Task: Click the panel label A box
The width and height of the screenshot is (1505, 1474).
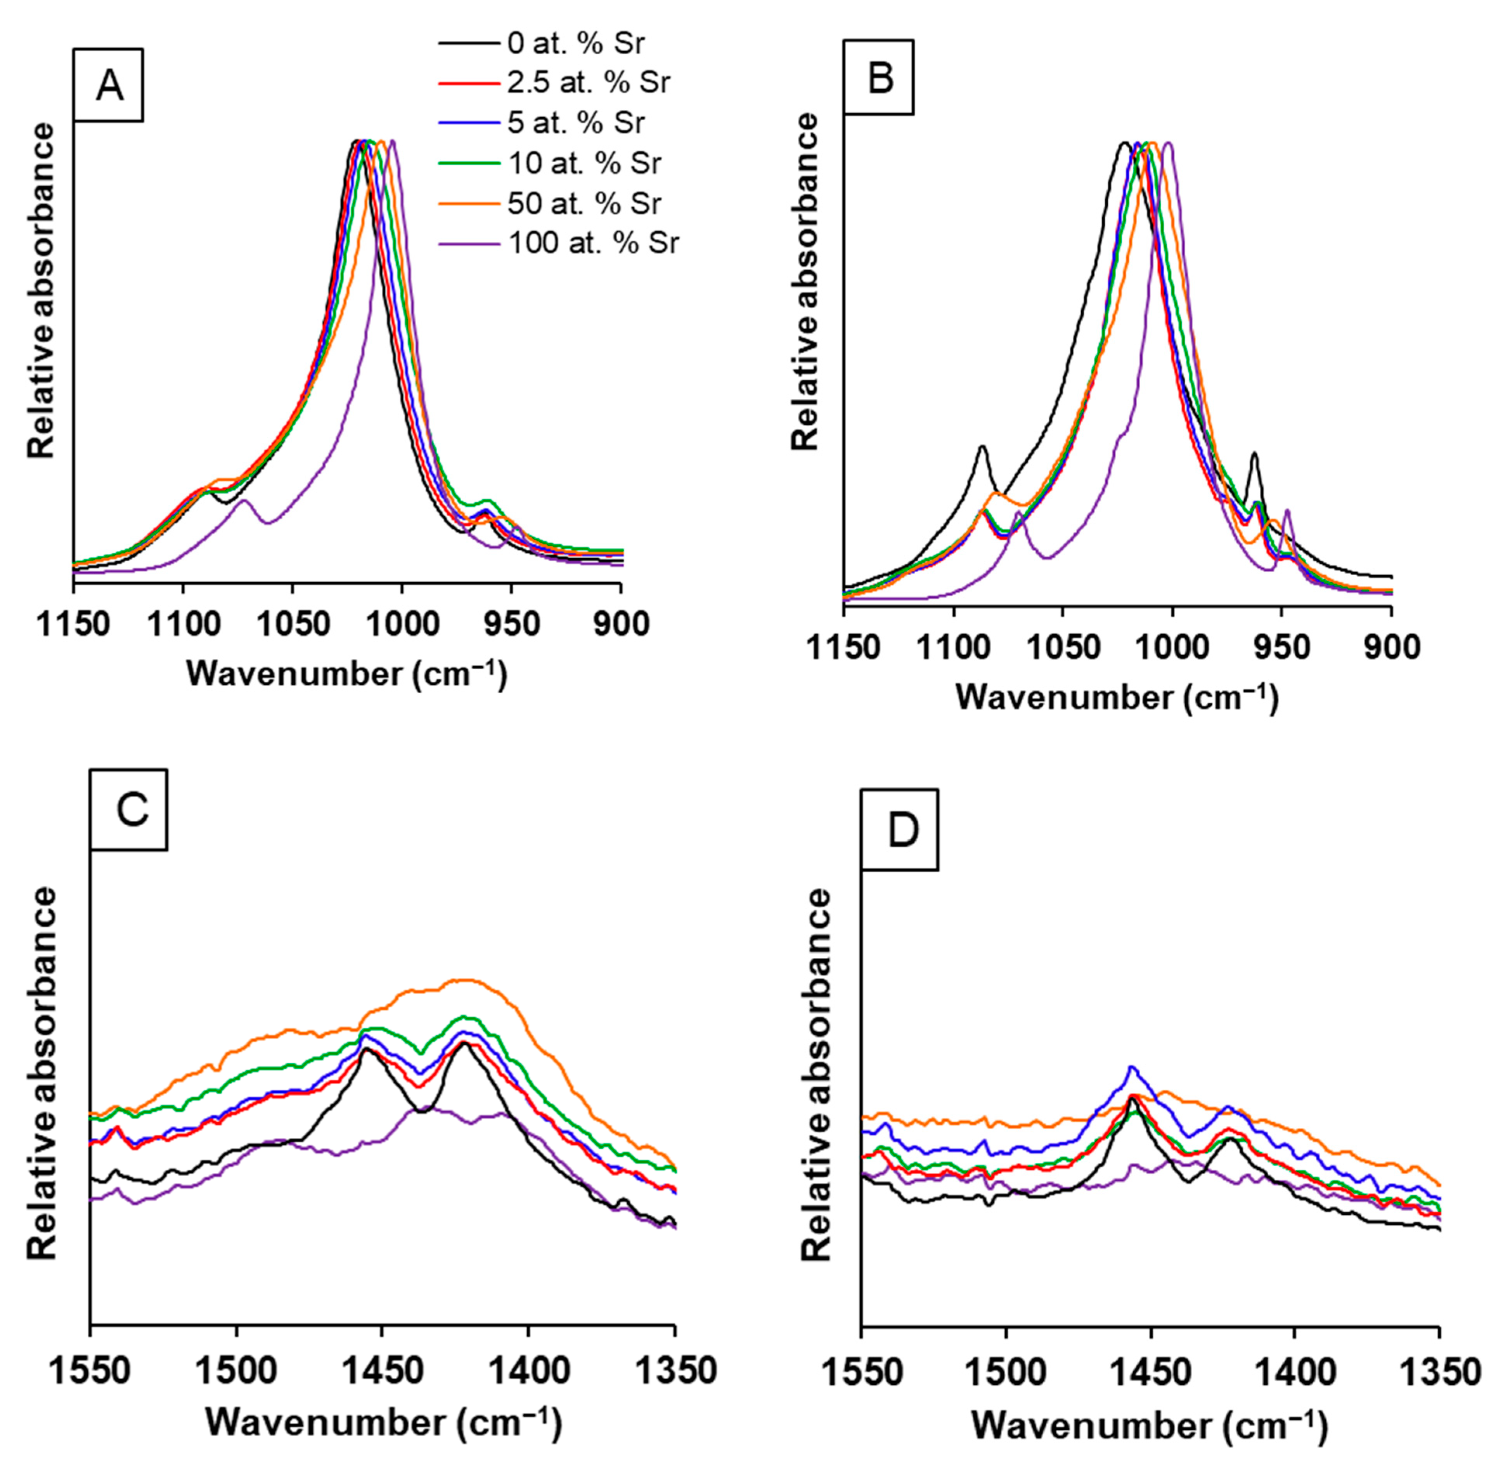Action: (108, 85)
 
